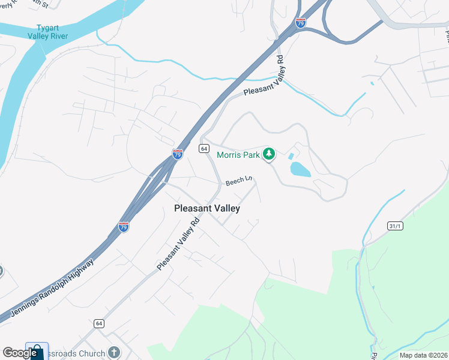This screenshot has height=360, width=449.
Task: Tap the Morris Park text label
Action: [x=238, y=155]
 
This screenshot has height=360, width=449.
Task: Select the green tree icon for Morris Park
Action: [x=270, y=155]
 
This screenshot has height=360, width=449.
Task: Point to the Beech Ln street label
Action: [x=238, y=181]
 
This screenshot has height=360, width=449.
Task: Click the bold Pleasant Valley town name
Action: [x=206, y=208]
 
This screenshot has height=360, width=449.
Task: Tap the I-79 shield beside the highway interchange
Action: [x=301, y=23]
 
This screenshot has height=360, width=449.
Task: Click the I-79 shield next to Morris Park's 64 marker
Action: [x=177, y=154]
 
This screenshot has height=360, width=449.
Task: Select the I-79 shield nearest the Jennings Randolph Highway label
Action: [x=123, y=227]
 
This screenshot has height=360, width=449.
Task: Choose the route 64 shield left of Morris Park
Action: [x=204, y=148]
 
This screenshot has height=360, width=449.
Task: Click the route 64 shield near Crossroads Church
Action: [x=97, y=323]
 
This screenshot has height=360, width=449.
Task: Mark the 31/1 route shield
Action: [x=394, y=225]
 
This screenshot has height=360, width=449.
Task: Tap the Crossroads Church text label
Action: [x=77, y=353]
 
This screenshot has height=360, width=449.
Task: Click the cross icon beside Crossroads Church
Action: [x=113, y=353]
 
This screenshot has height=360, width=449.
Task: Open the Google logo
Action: [x=19, y=353]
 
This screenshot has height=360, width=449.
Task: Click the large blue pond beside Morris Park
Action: [x=300, y=169]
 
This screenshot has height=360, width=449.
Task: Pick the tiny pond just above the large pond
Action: [x=291, y=156]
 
